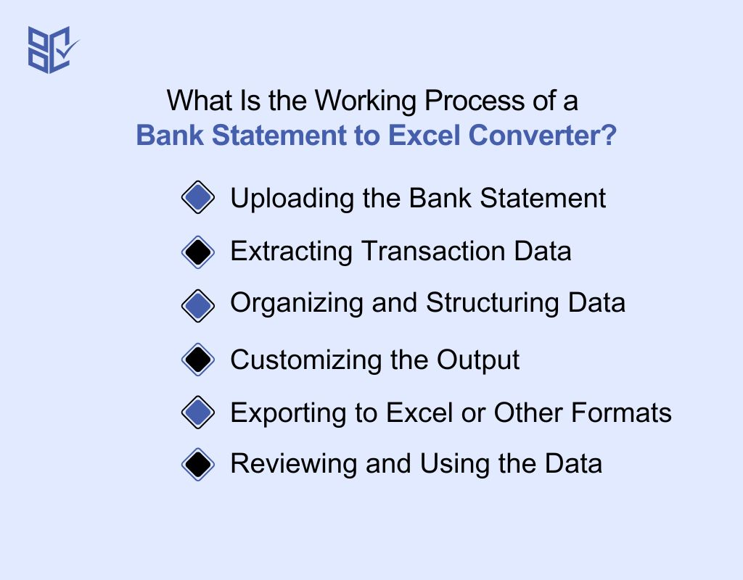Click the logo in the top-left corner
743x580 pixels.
tap(53, 50)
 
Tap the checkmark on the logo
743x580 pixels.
tap(67, 48)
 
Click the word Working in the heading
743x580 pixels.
tap(366, 101)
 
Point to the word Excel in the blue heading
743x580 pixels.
tap(424, 136)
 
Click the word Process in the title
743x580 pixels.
tap(475, 101)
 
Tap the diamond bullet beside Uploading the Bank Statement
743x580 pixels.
tap(198, 197)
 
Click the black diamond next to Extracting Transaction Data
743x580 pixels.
tap(198, 252)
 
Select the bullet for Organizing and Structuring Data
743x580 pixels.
tap(198, 306)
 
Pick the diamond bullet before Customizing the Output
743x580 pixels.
tap(198, 360)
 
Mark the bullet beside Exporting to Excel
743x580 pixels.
tap(198, 413)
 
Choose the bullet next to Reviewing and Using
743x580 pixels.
tap(198, 465)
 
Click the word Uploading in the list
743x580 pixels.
tap(292, 199)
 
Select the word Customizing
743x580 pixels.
tap(306, 360)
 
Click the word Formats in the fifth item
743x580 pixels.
tap(621, 413)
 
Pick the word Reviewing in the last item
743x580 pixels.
tap(294, 465)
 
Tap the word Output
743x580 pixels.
tap(477, 361)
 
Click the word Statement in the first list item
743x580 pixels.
tap(543, 198)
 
